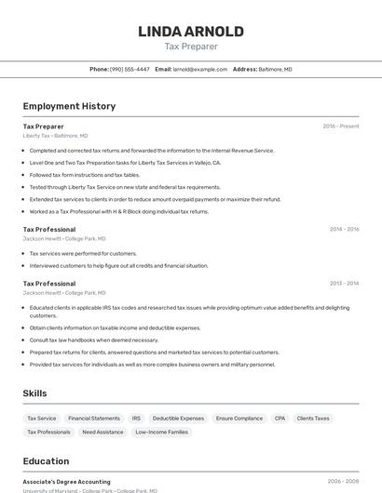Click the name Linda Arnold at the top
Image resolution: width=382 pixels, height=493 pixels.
click(x=191, y=31)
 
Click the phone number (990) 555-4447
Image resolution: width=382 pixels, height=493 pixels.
click(x=130, y=69)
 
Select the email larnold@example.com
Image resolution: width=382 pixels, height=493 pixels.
click(x=200, y=69)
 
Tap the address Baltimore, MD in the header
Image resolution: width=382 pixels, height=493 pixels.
click(x=275, y=69)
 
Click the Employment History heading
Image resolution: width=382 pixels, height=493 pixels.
click(x=69, y=106)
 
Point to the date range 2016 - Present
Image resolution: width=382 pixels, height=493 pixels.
click(x=341, y=127)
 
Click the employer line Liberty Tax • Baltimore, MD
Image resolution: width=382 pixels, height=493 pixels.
click(x=55, y=136)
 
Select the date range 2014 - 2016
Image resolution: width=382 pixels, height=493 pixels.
click(x=344, y=230)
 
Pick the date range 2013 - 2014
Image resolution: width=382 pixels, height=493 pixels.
click(x=344, y=284)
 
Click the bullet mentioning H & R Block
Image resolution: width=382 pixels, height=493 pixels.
click(x=119, y=211)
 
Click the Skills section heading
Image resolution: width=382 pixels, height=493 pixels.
click(x=35, y=393)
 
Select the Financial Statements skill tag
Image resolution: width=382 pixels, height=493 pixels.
click(x=94, y=419)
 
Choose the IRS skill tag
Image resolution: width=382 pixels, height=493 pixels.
click(x=136, y=419)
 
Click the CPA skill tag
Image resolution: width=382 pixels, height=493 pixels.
click(x=280, y=419)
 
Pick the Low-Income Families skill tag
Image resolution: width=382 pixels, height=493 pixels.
click(x=162, y=432)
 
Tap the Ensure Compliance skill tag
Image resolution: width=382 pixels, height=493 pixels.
click(x=239, y=419)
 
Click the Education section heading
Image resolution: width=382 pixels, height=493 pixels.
click(x=46, y=461)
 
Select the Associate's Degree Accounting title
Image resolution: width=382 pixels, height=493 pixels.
click(x=66, y=482)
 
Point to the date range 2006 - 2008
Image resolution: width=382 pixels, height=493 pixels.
click(x=343, y=482)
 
